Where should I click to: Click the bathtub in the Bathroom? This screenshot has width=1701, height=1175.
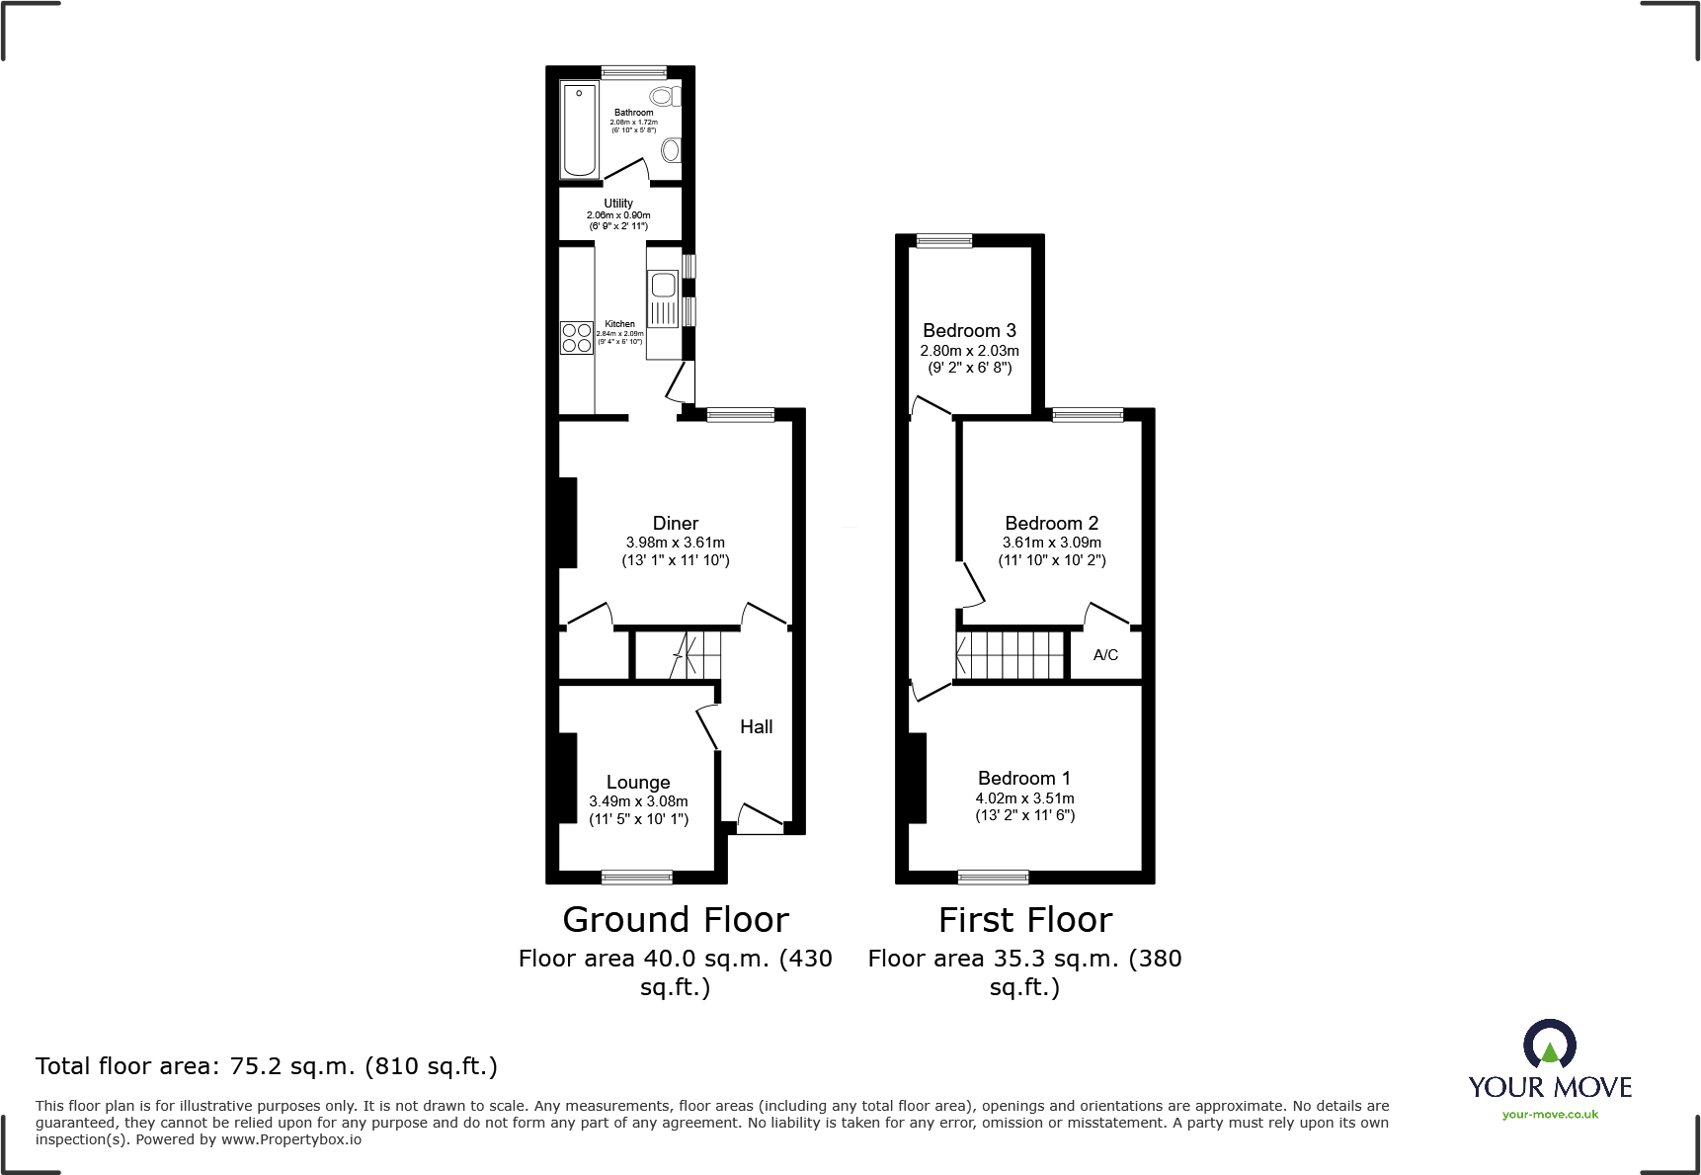click(x=579, y=130)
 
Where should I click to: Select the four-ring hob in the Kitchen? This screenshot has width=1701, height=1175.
click(x=577, y=338)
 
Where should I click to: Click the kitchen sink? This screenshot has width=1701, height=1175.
click(x=663, y=287)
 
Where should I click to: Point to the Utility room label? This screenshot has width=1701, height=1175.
click(x=618, y=204)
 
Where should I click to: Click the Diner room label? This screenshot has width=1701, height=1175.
click(x=676, y=524)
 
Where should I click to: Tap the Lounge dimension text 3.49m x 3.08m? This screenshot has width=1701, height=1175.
click(x=638, y=801)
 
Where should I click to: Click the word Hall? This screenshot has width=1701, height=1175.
click(x=756, y=727)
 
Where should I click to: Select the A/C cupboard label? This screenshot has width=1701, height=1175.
click(x=1105, y=655)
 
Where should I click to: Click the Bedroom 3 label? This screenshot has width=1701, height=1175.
click(x=969, y=331)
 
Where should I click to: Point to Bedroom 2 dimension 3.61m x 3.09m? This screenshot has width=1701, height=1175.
click(x=1051, y=543)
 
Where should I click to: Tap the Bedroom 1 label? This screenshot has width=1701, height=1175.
click(x=1024, y=779)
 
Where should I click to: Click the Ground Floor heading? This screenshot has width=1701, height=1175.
click(x=676, y=920)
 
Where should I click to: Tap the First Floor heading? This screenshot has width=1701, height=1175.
click(x=1025, y=920)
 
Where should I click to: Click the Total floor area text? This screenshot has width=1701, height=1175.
click(x=267, y=1066)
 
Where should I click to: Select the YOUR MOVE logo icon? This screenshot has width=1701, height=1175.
click(x=1549, y=1043)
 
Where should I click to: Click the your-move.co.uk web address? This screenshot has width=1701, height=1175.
click(x=1549, y=1115)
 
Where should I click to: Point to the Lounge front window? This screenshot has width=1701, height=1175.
click(x=637, y=877)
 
